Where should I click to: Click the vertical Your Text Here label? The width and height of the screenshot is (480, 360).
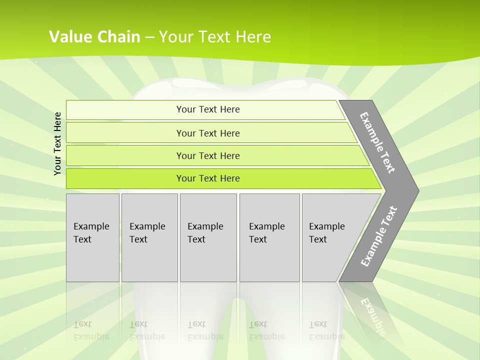point(57,143)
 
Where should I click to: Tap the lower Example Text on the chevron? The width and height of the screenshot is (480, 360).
point(379,236)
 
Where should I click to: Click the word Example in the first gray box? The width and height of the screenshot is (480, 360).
point(91,226)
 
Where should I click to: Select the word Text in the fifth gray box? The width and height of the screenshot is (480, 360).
point(318,239)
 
